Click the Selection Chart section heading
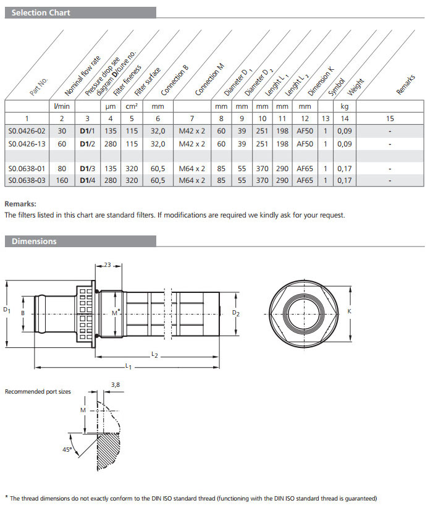(41, 12)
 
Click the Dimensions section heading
(34, 242)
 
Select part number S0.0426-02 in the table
(27, 131)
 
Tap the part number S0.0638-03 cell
(27, 180)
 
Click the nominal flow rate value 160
(62, 180)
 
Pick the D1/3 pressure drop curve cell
(86, 168)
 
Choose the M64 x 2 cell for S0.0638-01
(191, 168)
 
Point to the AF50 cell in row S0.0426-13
(305, 143)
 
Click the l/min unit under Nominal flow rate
(62, 106)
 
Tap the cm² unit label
(131, 106)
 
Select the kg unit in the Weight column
(345, 106)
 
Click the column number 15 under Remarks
(390, 118)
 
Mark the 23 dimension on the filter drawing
(107, 265)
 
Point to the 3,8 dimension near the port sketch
(115, 384)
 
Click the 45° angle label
(67, 450)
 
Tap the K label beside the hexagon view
(349, 311)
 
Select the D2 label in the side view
(235, 313)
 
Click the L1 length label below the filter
(128, 366)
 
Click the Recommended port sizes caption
(38, 391)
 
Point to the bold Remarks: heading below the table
(20, 203)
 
